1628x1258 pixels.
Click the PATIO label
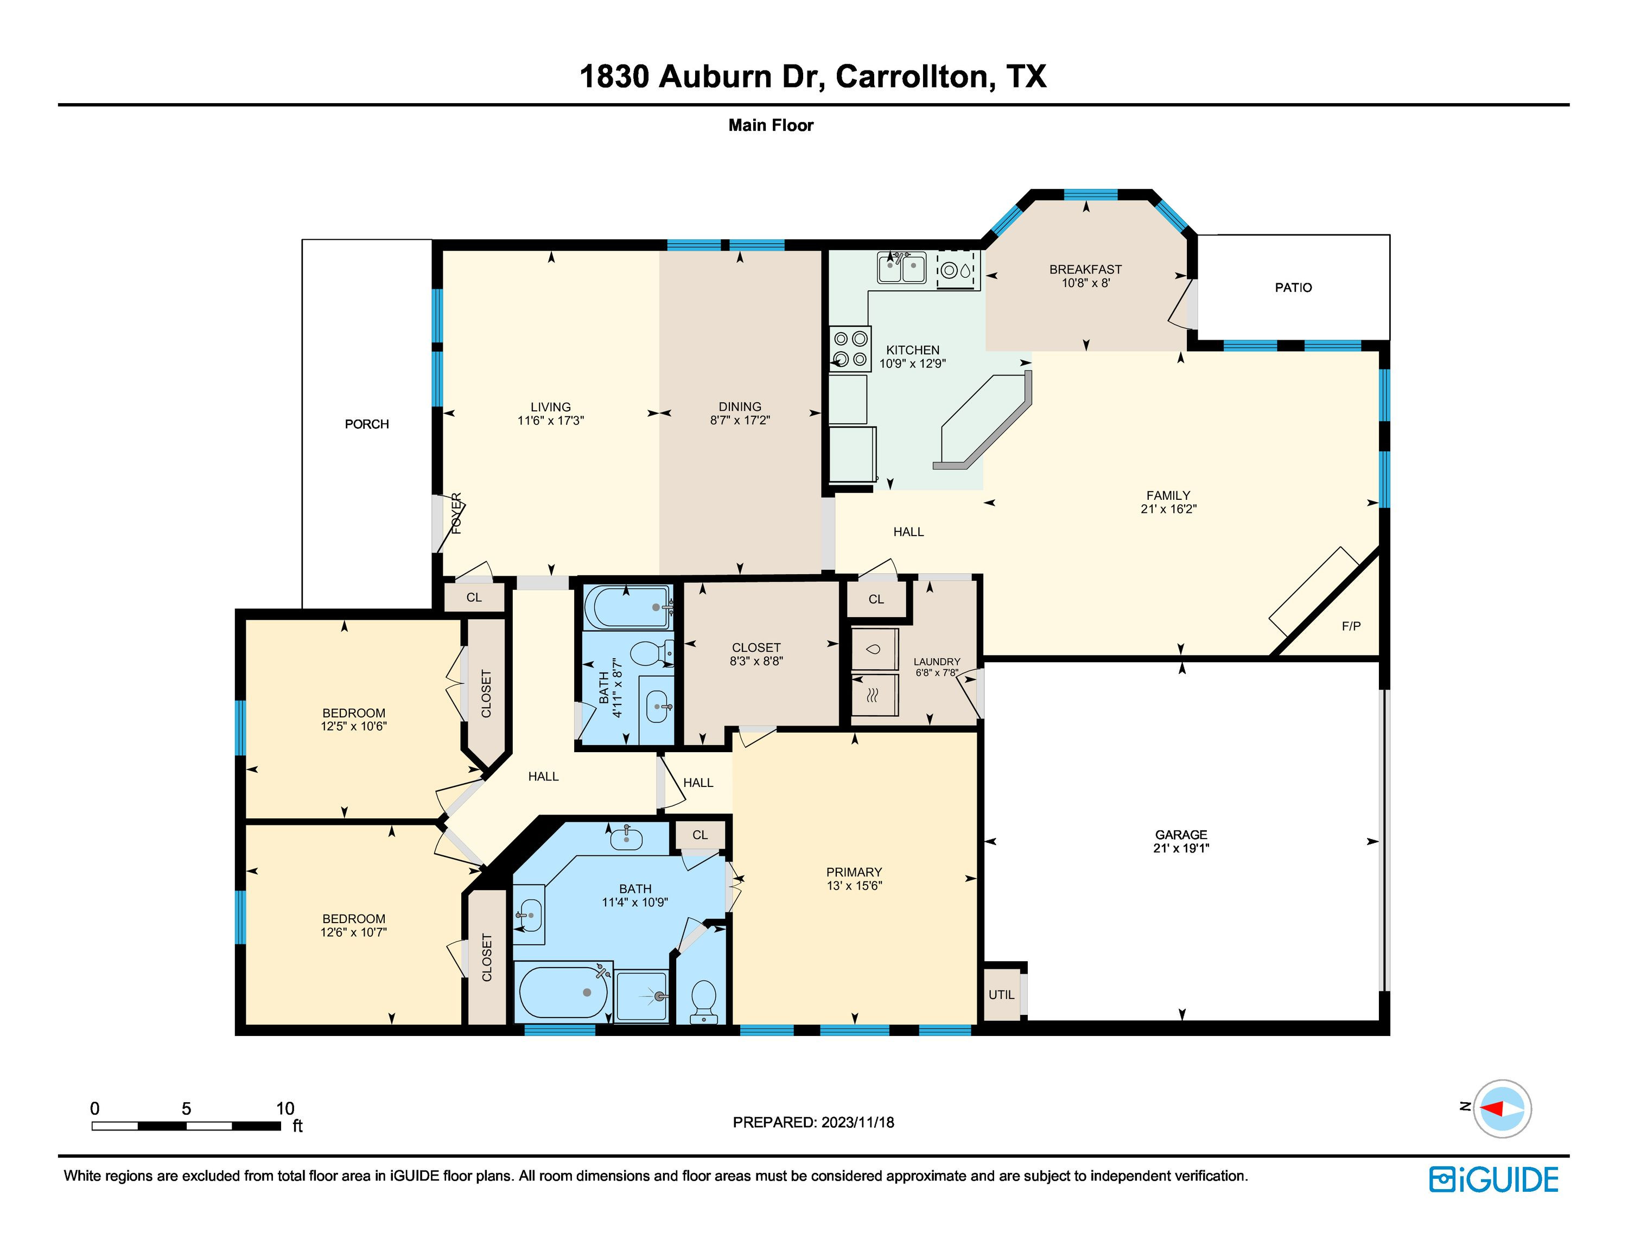point(1293,288)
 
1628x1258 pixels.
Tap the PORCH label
point(367,424)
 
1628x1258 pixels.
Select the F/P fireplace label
point(1351,626)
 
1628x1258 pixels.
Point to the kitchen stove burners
point(850,349)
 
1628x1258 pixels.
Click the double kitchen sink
point(901,268)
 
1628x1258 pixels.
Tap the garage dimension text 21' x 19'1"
point(1181,848)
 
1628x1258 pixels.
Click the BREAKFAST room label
point(1085,270)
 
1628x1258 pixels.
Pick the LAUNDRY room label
point(937,662)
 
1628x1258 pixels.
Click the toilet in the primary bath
point(704,1002)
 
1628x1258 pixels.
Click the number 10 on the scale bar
point(285,1108)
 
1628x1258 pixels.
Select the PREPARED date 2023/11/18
point(857,1122)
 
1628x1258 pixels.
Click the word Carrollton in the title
point(914,77)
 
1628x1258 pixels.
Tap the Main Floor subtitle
point(771,125)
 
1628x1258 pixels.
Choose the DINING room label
point(740,407)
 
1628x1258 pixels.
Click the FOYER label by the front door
point(457,513)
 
